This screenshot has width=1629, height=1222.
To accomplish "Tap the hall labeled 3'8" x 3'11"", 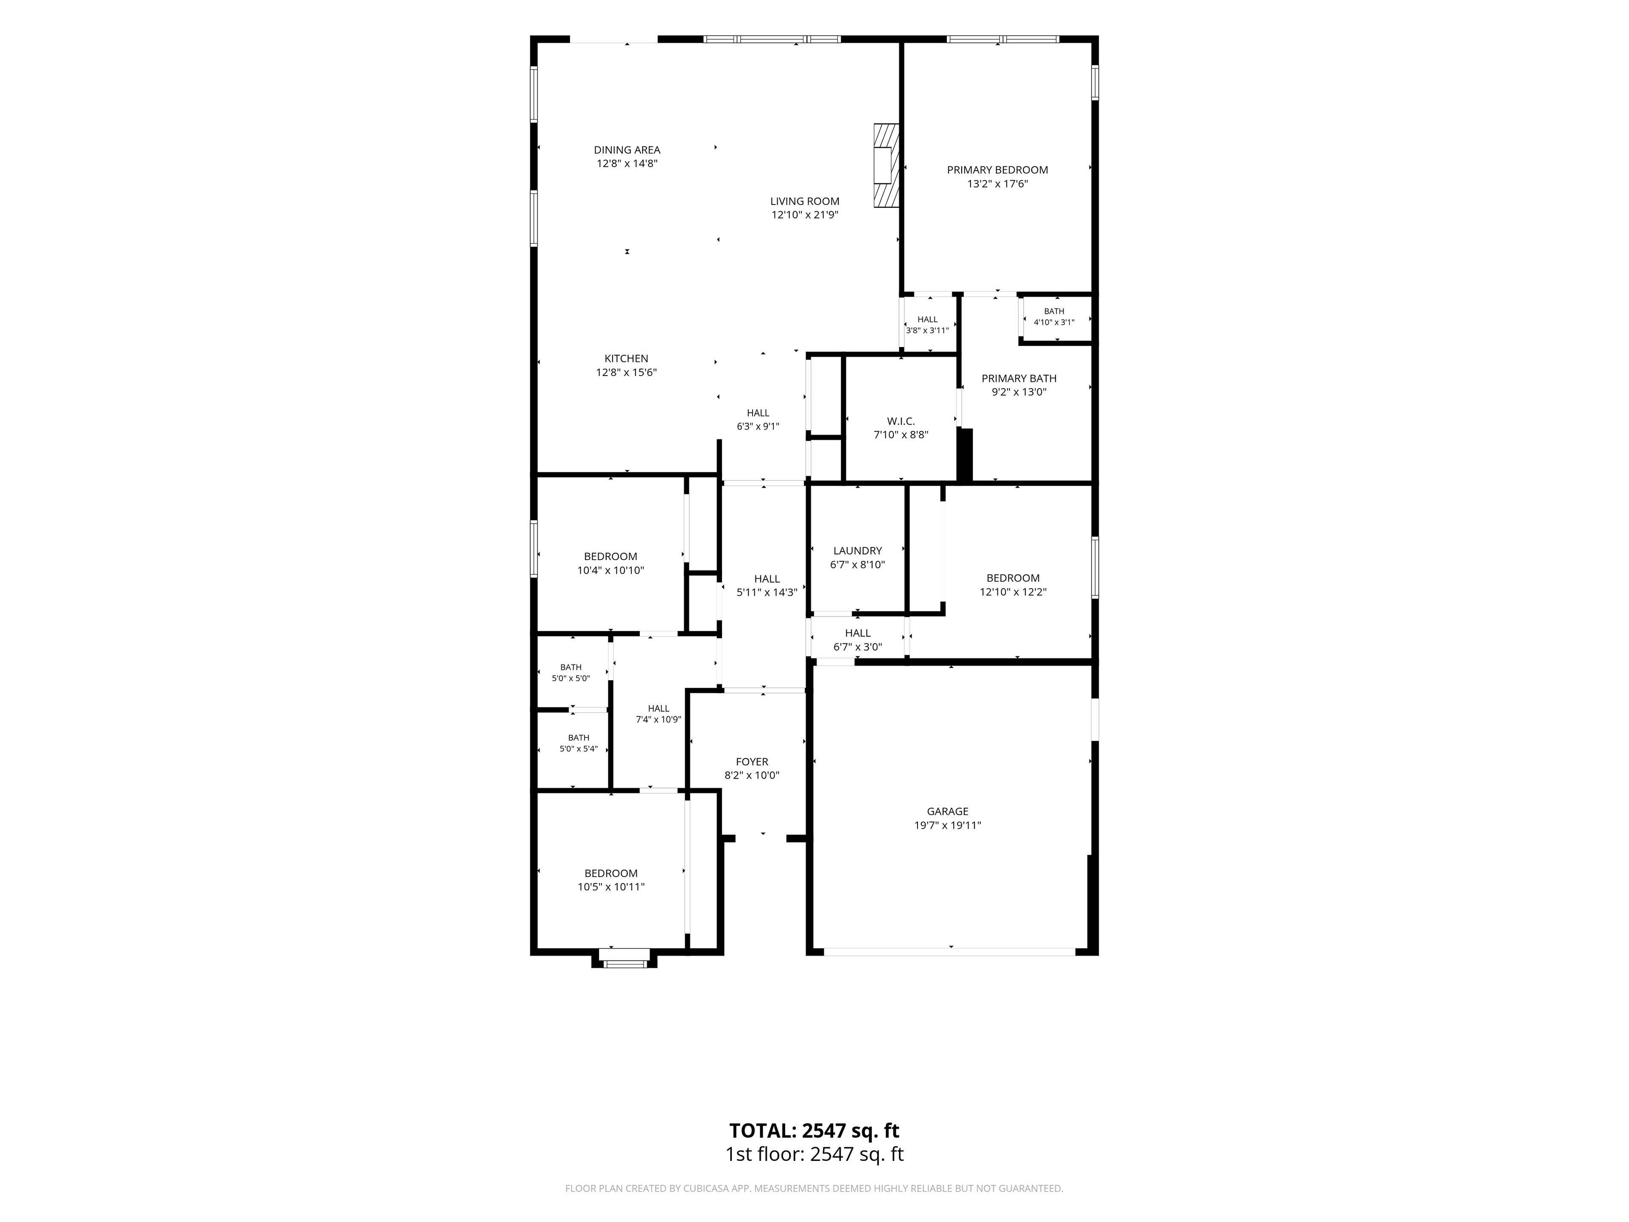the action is click(x=927, y=325).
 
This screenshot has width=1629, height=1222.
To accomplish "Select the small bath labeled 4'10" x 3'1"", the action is click(x=1054, y=317).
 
